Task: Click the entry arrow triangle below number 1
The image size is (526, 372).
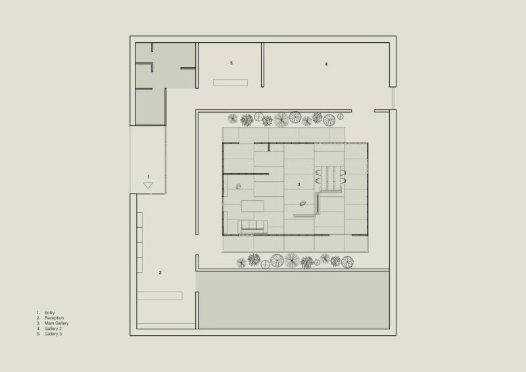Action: (148, 186)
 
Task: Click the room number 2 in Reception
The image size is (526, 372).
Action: (160, 272)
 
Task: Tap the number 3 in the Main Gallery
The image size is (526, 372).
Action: (299, 184)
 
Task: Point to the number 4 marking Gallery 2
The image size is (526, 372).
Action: (326, 64)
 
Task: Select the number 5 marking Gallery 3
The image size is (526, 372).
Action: (231, 63)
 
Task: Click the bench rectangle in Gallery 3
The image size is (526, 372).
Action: (230, 82)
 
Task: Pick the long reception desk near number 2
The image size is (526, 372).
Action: (160, 296)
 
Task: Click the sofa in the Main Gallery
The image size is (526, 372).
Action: (253, 226)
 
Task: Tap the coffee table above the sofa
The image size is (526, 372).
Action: (253, 206)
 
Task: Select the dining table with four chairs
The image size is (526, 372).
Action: (330, 176)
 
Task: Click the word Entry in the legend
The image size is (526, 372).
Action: (50, 313)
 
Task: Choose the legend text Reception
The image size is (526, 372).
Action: (54, 318)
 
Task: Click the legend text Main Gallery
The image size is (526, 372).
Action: (57, 323)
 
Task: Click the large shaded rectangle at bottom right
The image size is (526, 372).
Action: (293, 300)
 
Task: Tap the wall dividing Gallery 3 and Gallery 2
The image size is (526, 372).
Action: (262, 65)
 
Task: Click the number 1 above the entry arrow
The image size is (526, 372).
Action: (149, 176)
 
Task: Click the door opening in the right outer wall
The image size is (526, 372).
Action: (393, 98)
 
